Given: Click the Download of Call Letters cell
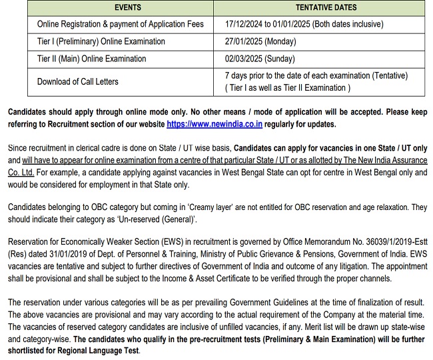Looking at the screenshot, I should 78,82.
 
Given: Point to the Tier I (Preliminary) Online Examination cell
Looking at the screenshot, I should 101,41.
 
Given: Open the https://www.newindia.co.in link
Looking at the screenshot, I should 214,124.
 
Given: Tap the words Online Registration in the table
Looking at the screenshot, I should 69,24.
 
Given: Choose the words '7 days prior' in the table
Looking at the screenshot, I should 249,76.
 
